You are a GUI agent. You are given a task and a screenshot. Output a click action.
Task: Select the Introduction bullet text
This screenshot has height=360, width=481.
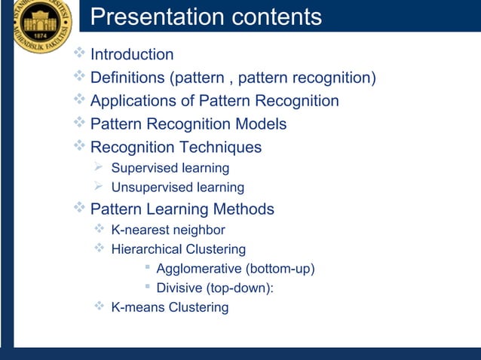pyautogui.click(x=132, y=55)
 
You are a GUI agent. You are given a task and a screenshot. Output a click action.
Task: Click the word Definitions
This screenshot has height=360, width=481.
pyautogui.click(x=127, y=78)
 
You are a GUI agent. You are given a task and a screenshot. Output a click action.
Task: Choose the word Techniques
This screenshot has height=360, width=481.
pyautogui.click(x=220, y=147)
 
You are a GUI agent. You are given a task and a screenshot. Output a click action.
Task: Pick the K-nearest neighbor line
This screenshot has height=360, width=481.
pyautogui.click(x=168, y=230)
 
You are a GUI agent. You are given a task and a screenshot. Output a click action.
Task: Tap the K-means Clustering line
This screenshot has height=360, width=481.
pyautogui.click(x=170, y=307)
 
